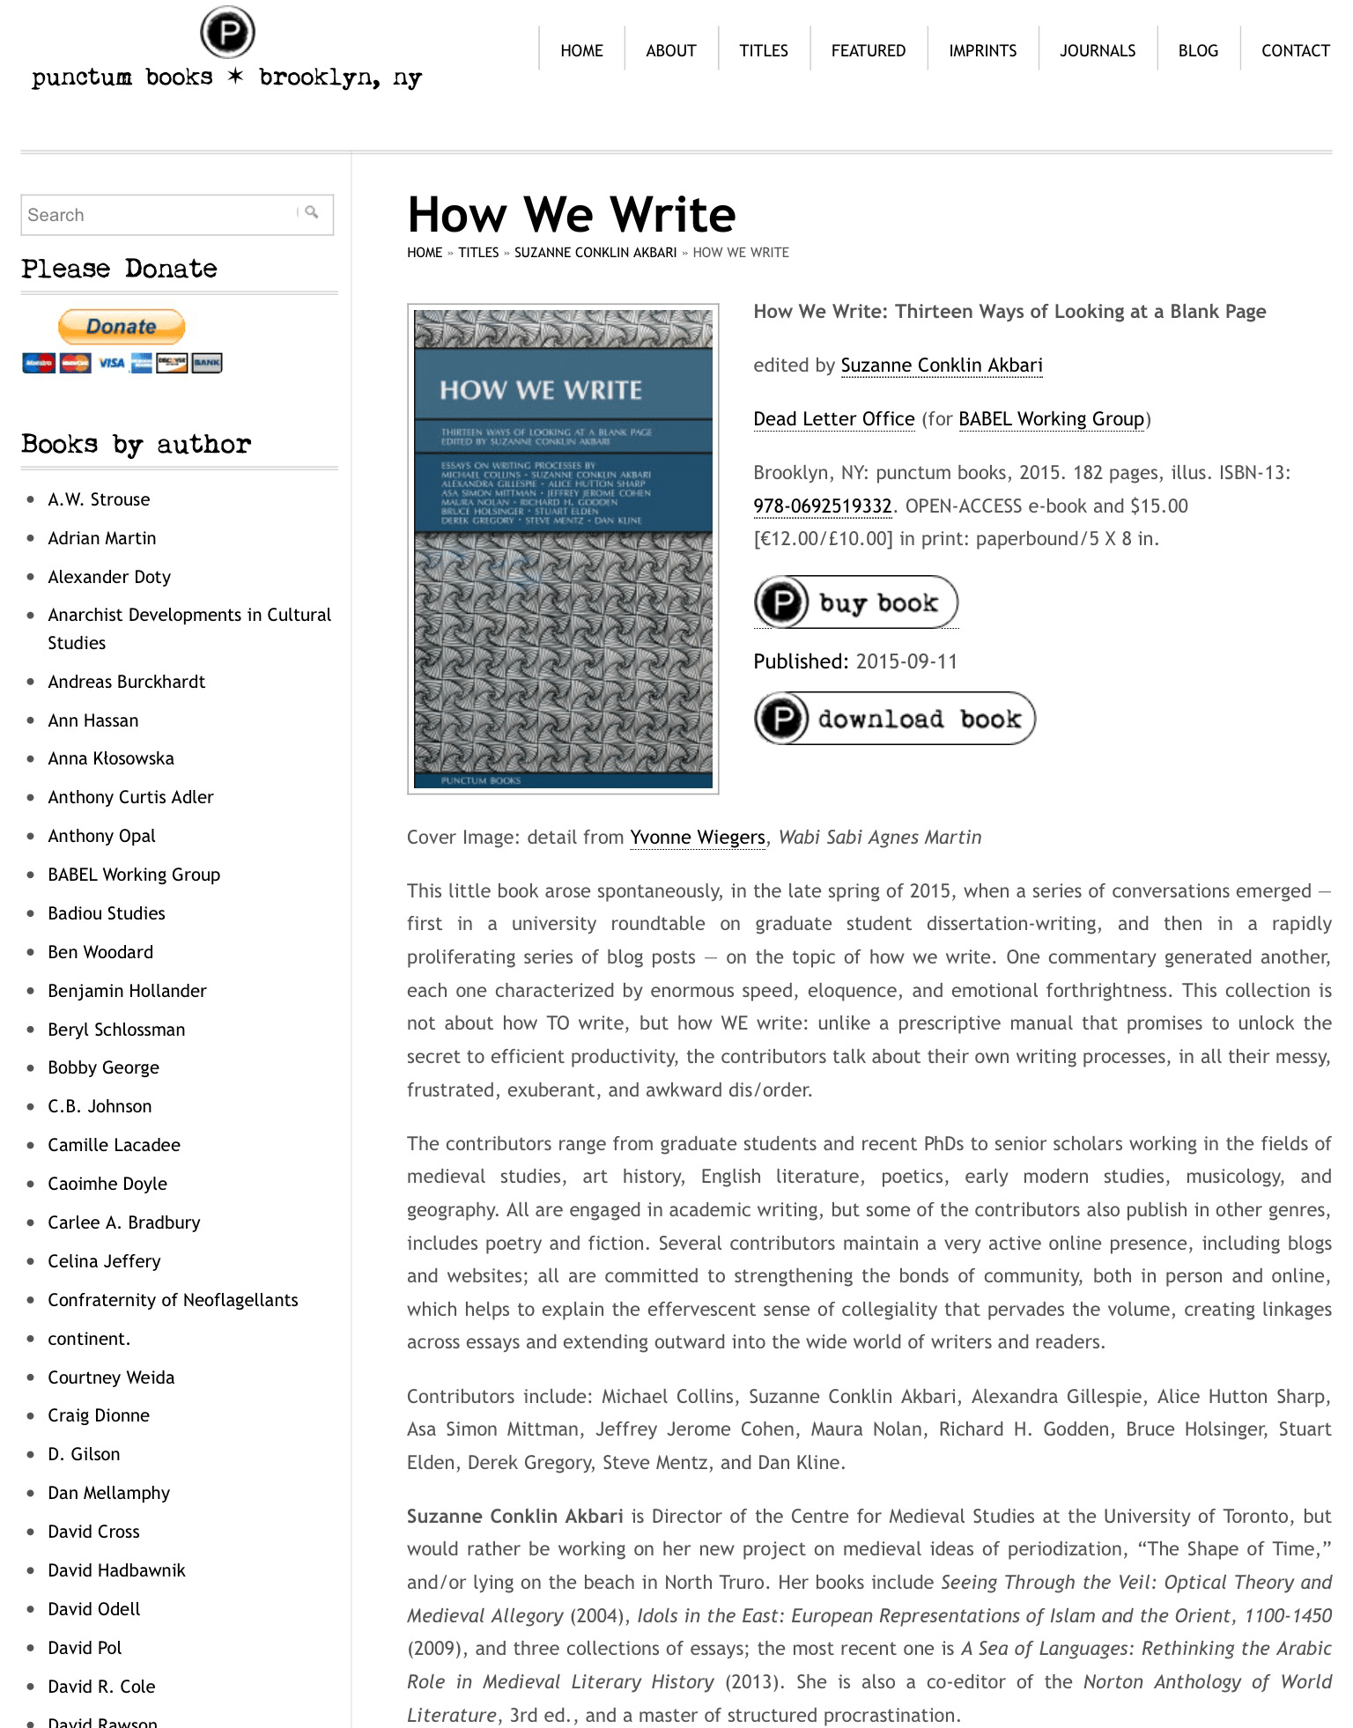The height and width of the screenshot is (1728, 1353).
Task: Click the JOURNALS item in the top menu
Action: [x=1097, y=50]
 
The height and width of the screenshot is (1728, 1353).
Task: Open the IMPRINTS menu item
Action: [x=982, y=50]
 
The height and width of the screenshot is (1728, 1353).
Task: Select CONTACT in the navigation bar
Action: [x=1295, y=50]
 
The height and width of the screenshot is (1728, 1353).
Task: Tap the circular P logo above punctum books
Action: [x=227, y=33]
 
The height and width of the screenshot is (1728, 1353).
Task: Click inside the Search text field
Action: [x=159, y=215]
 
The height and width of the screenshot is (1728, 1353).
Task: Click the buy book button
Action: [x=855, y=602]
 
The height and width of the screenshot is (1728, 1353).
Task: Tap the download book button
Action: [x=894, y=719]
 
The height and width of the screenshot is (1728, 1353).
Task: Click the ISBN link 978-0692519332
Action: [x=822, y=506]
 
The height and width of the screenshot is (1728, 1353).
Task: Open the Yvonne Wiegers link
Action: [x=697, y=837]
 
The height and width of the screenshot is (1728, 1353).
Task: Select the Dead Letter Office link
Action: [x=833, y=419]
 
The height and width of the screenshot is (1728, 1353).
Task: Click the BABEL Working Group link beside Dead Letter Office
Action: [x=1051, y=419]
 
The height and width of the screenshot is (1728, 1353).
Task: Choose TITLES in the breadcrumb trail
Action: [x=478, y=253]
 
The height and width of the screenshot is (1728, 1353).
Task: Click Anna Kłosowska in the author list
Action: [x=111, y=758]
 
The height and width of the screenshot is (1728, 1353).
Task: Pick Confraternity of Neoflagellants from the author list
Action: [x=173, y=1300]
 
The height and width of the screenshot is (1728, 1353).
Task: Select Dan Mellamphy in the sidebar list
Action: [x=108, y=1493]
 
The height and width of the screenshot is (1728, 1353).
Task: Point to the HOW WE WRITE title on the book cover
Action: [x=541, y=390]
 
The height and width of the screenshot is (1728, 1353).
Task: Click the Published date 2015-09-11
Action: [x=906, y=661]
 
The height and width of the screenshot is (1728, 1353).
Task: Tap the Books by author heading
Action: [x=137, y=445]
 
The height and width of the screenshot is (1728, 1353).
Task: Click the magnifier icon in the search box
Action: [x=312, y=212]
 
